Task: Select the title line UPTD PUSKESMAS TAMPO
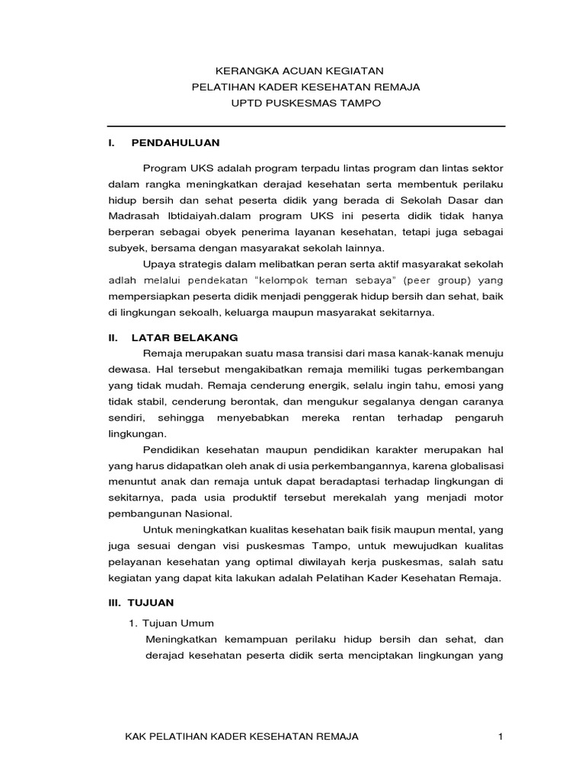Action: (x=305, y=102)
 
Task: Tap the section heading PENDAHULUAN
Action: (x=175, y=142)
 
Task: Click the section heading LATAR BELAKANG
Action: (x=185, y=336)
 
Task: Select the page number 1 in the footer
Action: (x=500, y=736)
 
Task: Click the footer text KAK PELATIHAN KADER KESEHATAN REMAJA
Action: (x=241, y=736)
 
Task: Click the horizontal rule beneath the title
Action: (x=305, y=126)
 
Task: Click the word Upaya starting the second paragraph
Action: (x=158, y=264)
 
